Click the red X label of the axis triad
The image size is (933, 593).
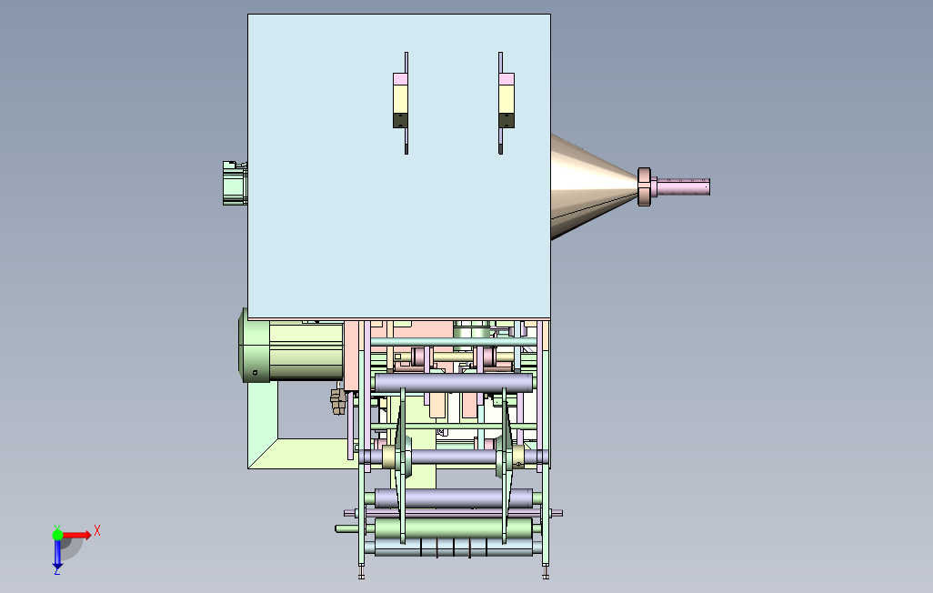(97, 530)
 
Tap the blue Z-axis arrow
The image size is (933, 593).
(57, 554)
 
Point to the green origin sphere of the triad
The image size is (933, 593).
(57, 535)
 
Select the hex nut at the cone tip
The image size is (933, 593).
(644, 187)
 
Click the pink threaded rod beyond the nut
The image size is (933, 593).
(680, 186)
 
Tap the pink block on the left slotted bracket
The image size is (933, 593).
(400, 78)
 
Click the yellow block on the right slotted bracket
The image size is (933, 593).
(507, 99)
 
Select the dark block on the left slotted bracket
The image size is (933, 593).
(400, 120)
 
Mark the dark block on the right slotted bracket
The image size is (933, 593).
(507, 120)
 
